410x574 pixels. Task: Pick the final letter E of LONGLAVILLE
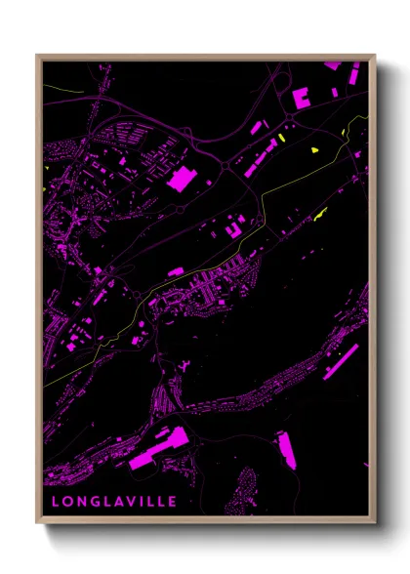click(x=174, y=502)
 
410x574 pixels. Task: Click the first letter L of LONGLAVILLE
click(x=55, y=502)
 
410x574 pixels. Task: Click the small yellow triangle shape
click(x=314, y=150)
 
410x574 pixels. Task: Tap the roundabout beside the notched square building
click(x=290, y=118)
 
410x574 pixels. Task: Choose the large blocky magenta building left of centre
click(x=182, y=178)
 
